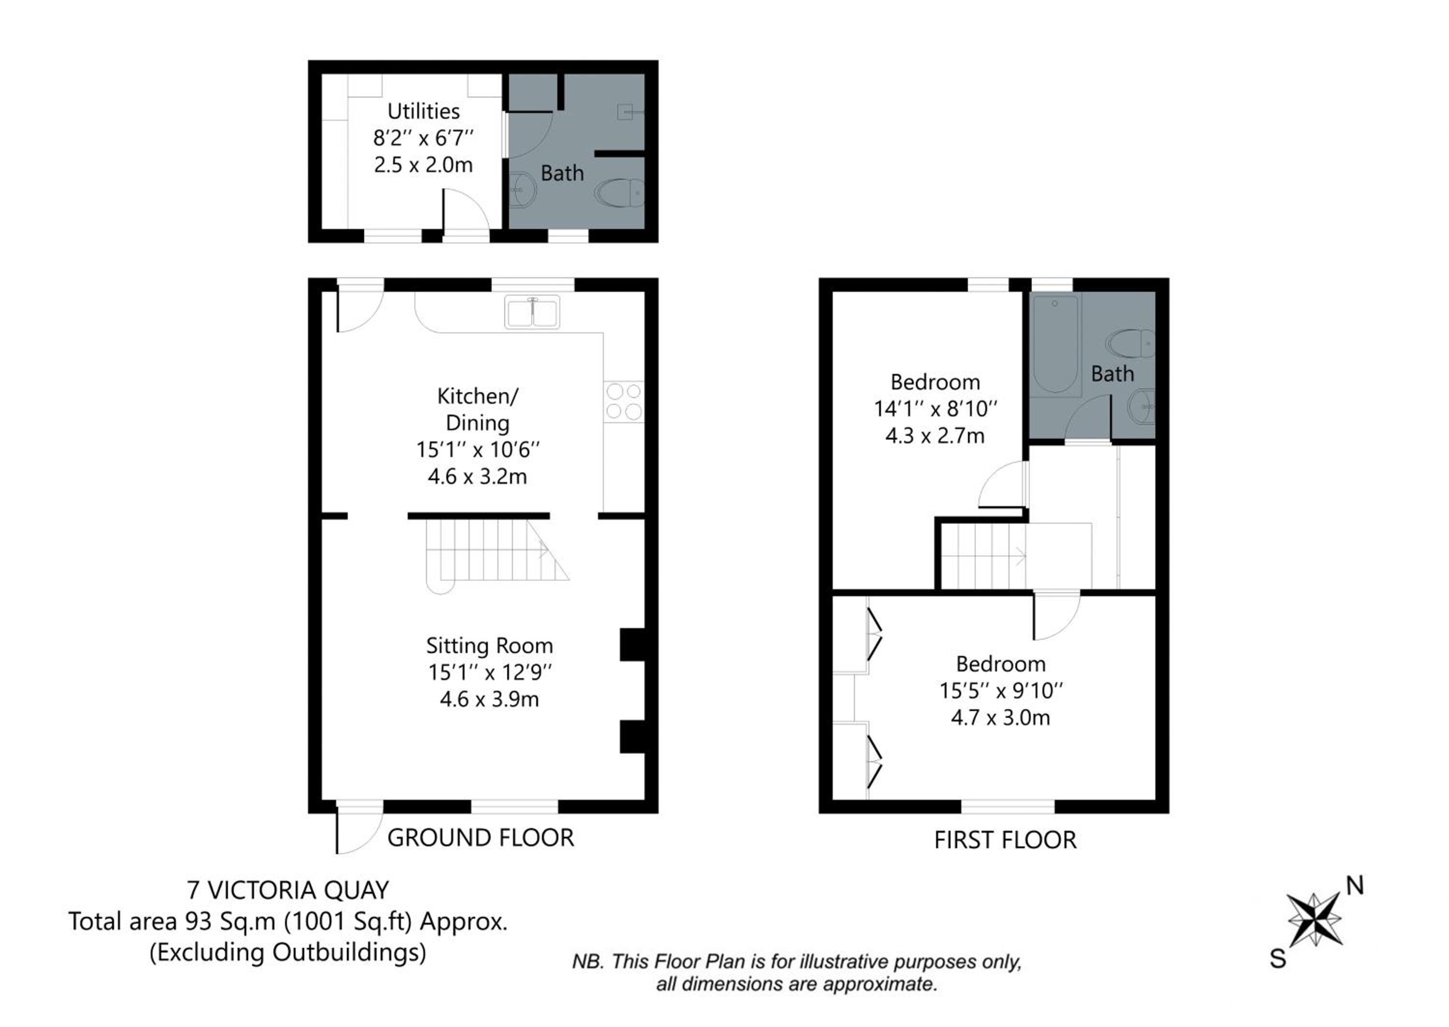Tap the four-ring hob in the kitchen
click(624, 401)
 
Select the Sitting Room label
click(489, 646)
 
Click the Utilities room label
click(423, 111)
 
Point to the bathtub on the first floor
click(1055, 344)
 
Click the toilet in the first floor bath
click(1130, 343)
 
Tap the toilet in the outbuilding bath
click(620, 193)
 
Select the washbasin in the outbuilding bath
click(522, 189)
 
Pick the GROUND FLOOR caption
click(481, 838)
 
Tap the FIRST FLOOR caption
click(1005, 840)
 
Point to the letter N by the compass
click(1355, 886)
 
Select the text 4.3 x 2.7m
click(935, 436)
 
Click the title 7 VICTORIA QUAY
click(288, 890)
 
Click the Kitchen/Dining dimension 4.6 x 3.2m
click(477, 476)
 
